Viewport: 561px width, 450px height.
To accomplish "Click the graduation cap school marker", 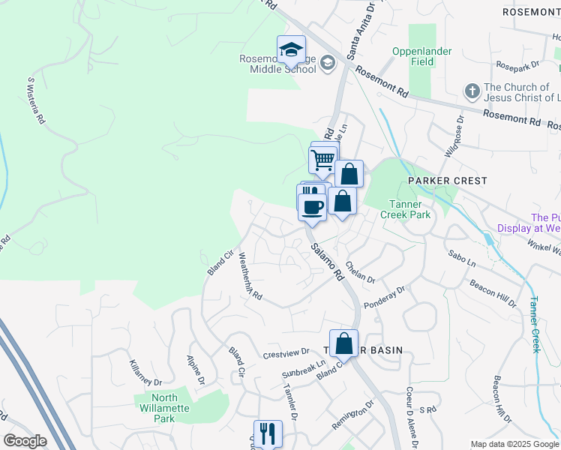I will point(292,50).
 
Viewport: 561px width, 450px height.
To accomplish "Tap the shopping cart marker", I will point(322,160).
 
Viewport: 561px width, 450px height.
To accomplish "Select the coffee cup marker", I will point(313,206).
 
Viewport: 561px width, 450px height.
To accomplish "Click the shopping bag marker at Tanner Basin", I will point(343,344).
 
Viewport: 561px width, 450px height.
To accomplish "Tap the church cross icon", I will point(472,91).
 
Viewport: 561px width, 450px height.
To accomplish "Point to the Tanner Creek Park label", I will point(409,209).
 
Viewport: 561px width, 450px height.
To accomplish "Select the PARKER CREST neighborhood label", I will point(447,181).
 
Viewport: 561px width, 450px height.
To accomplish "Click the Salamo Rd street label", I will point(327,259).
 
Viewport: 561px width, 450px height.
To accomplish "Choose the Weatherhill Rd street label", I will point(250,276).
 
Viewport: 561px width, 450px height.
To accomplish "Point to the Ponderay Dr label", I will point(384,298).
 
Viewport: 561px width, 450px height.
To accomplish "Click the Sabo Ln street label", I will point(461,259).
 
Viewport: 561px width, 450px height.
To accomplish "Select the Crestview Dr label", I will point(286,352).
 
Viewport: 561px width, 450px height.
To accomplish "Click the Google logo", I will point(25,441).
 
